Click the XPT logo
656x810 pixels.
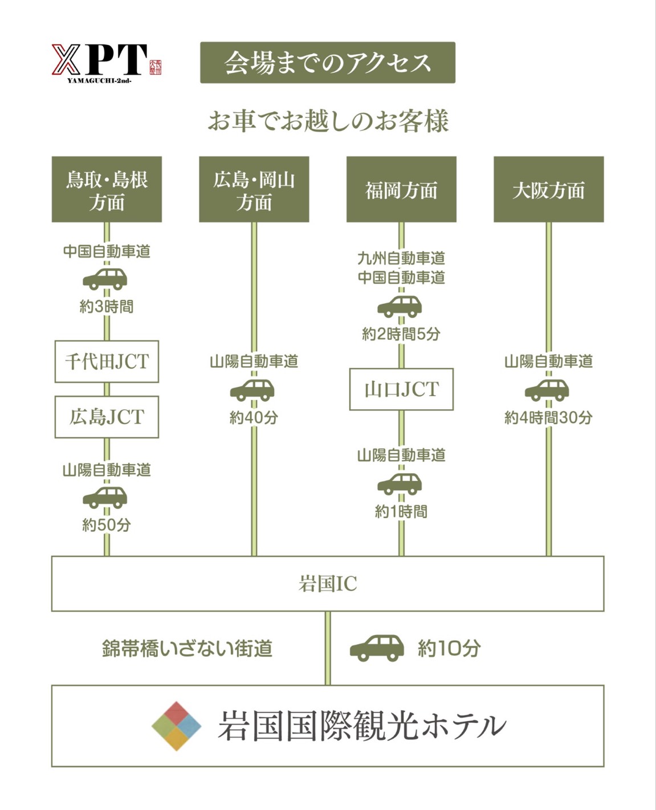click(x=106, y=62)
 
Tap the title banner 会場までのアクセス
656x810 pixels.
click(x=327, y=63)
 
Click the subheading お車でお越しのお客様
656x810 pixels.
click(x=328, y=121)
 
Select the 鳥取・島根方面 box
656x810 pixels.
click(x=107, y=189)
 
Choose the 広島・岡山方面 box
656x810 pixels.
click(x=254, y=189)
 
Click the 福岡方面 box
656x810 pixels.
click(x=401, y=189)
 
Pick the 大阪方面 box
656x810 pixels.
click(x=548, y=189)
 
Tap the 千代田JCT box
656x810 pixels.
click(x=107, y=361)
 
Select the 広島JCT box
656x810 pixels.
click(x=107, y=417)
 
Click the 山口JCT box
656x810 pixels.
click(x=401, y=389)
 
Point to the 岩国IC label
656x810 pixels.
click(x=328, y=584)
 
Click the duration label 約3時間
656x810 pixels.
click(x=107, y=307)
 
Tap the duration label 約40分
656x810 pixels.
click(x=254, y=418)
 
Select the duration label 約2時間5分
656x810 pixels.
click(x=401, y=334)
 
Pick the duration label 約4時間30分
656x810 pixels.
click(x=548, y=418)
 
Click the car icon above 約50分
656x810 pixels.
click(x=105, y=497)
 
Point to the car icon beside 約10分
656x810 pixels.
click(x=377, y=648)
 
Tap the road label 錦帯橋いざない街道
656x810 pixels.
click(x=187, y=649)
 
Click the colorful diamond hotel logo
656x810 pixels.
click(x=176, y=726)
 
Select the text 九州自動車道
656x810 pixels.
click(x=401, y=258)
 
